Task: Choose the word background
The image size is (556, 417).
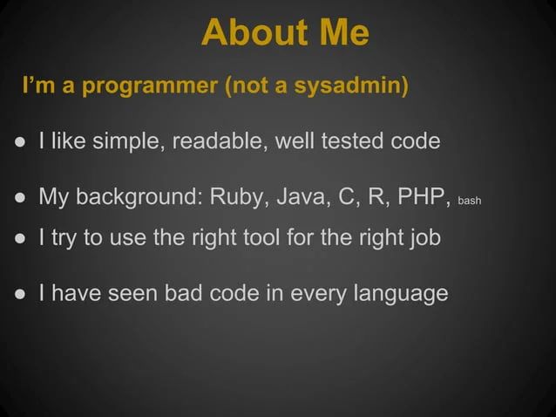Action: (x=138, y=195)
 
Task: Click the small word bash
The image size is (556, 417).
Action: (x=470, y=200)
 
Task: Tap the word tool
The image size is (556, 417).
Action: (x=281, y=238)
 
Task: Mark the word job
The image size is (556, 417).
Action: (x=424, y=238)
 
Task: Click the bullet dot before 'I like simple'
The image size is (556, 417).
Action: (x=19, y=141)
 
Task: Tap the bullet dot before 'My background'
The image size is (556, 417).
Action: (x=19, y=195)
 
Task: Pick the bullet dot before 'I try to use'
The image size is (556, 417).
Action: (x=19, y=239)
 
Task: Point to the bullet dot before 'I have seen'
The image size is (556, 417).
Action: (x=19, y=293)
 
